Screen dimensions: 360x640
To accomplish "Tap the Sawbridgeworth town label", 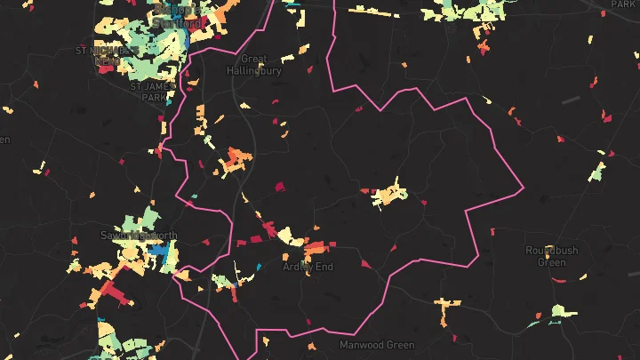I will coord(140,236).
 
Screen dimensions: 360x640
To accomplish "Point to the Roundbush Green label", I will coord(551,256).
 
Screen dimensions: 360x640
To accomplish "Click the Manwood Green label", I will coord(377,344).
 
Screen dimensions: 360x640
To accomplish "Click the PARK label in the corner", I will coord(623,4).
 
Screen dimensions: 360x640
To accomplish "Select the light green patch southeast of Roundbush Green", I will coord(557,311).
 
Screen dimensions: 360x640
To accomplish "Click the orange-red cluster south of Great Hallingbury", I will coord(236,160).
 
